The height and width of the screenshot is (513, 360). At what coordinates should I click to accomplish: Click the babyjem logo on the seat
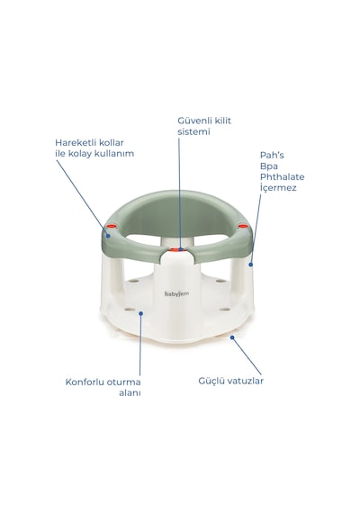176,293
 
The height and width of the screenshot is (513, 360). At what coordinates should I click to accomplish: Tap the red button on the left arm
112,226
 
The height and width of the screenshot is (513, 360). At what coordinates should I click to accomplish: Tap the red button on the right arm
242,226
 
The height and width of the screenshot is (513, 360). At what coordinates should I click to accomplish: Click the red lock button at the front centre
177,249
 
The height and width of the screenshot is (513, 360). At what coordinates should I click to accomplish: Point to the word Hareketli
73,142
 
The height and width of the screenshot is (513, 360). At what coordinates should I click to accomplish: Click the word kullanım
114,154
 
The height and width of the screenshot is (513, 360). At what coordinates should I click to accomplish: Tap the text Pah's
272,155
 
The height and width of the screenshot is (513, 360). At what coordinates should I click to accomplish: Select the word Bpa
269,166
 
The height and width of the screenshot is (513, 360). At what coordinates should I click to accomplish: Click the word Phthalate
282,177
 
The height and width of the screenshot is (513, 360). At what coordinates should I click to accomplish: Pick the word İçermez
278,188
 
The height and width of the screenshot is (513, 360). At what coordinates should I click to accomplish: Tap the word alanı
130,393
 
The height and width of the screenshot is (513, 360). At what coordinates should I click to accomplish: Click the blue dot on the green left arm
108,236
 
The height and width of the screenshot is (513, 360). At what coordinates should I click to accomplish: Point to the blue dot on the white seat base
141,313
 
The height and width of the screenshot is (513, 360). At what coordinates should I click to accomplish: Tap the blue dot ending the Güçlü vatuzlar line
232,337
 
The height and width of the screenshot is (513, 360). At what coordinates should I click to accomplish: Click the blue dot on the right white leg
251,265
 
